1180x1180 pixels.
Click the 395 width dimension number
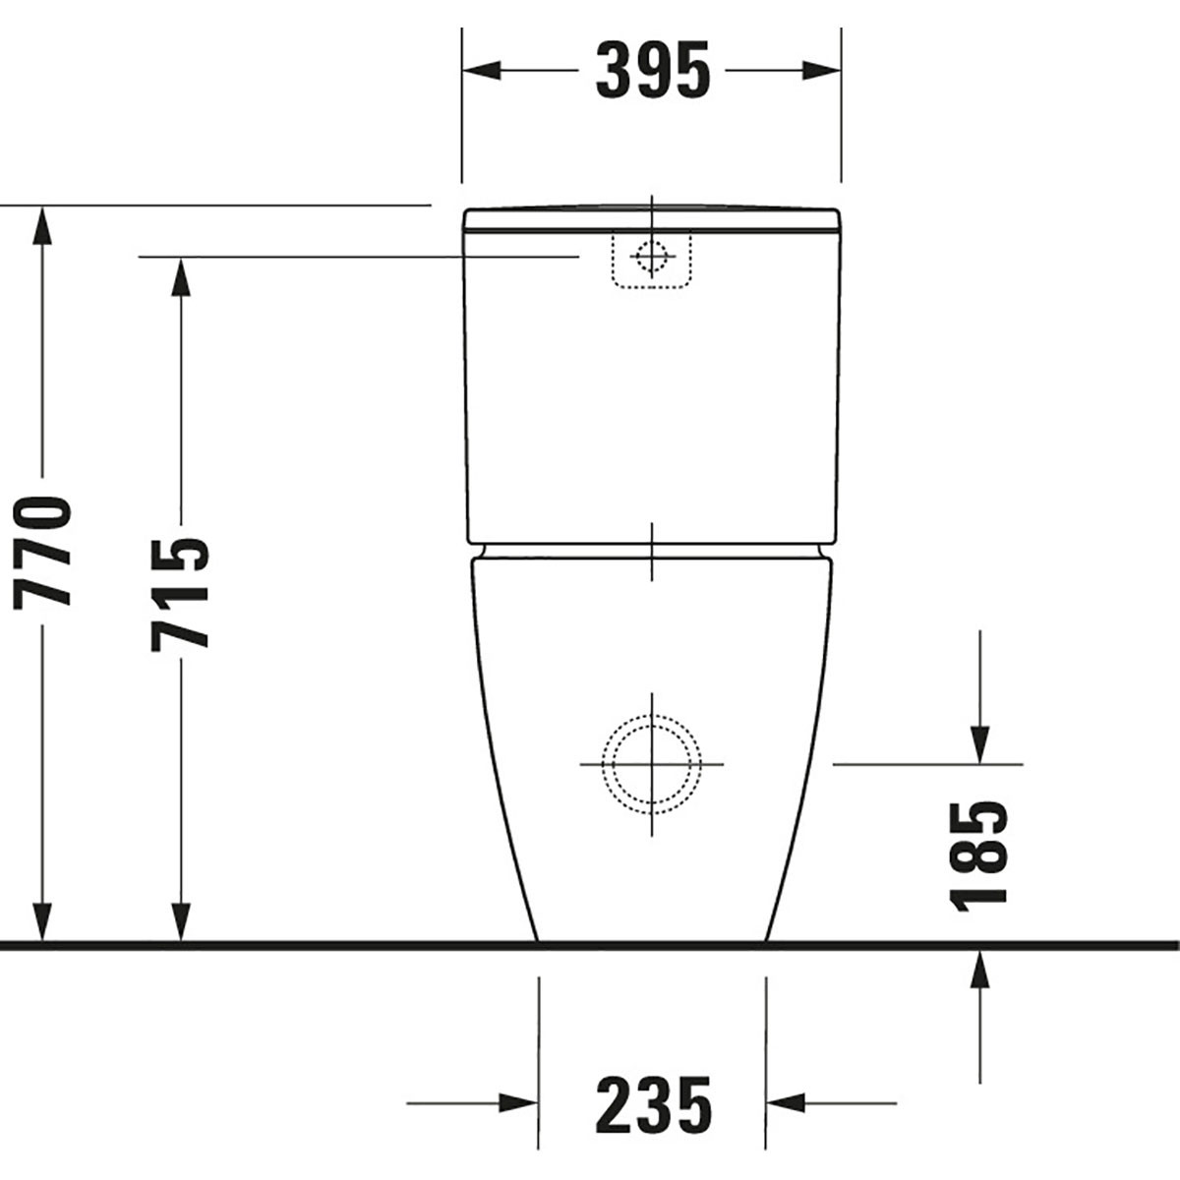(x=653, y=70)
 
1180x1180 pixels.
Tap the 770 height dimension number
(x=42, y=553)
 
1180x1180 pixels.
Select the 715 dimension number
(x=180, y=594)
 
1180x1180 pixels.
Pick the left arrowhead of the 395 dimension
(x=481, y=70)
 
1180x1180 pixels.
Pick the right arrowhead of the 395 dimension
(x=822, y=70)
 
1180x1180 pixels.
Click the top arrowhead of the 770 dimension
(x=42, y=226)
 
